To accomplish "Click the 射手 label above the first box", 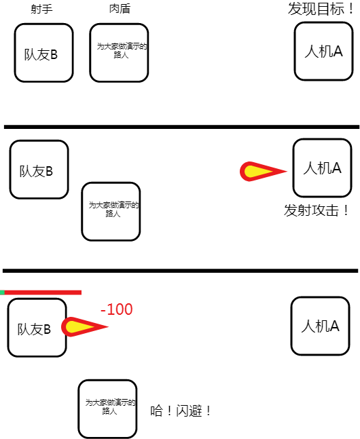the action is pos(41,9).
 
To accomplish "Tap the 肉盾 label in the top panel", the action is pos(120,9).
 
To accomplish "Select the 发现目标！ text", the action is pos(321,9).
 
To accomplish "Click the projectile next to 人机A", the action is pos(264,172).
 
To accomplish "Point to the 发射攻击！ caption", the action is pos(317,210).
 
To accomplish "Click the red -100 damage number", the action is pos(116,309).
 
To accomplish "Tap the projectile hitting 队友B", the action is pos(85,327).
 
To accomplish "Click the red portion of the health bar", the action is pos(43,292).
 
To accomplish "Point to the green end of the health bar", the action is pos(2,292).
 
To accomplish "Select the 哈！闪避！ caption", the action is pos(181,411).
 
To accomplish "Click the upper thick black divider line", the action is pos(181,127).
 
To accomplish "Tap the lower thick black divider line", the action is pos(180,271).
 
